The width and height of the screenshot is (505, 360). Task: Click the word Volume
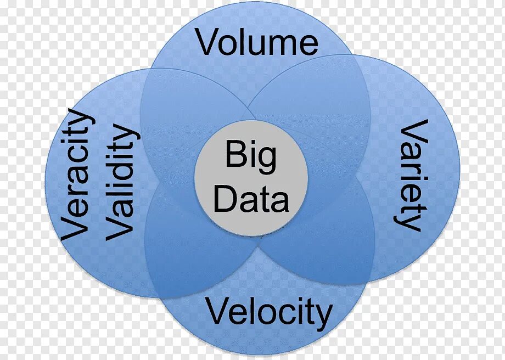[257, 43]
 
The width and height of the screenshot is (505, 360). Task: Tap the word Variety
[412, 175]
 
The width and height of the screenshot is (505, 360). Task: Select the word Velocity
[269, 313]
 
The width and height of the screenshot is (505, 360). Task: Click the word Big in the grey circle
[250, 156]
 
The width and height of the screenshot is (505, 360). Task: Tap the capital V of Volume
[207, 42]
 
